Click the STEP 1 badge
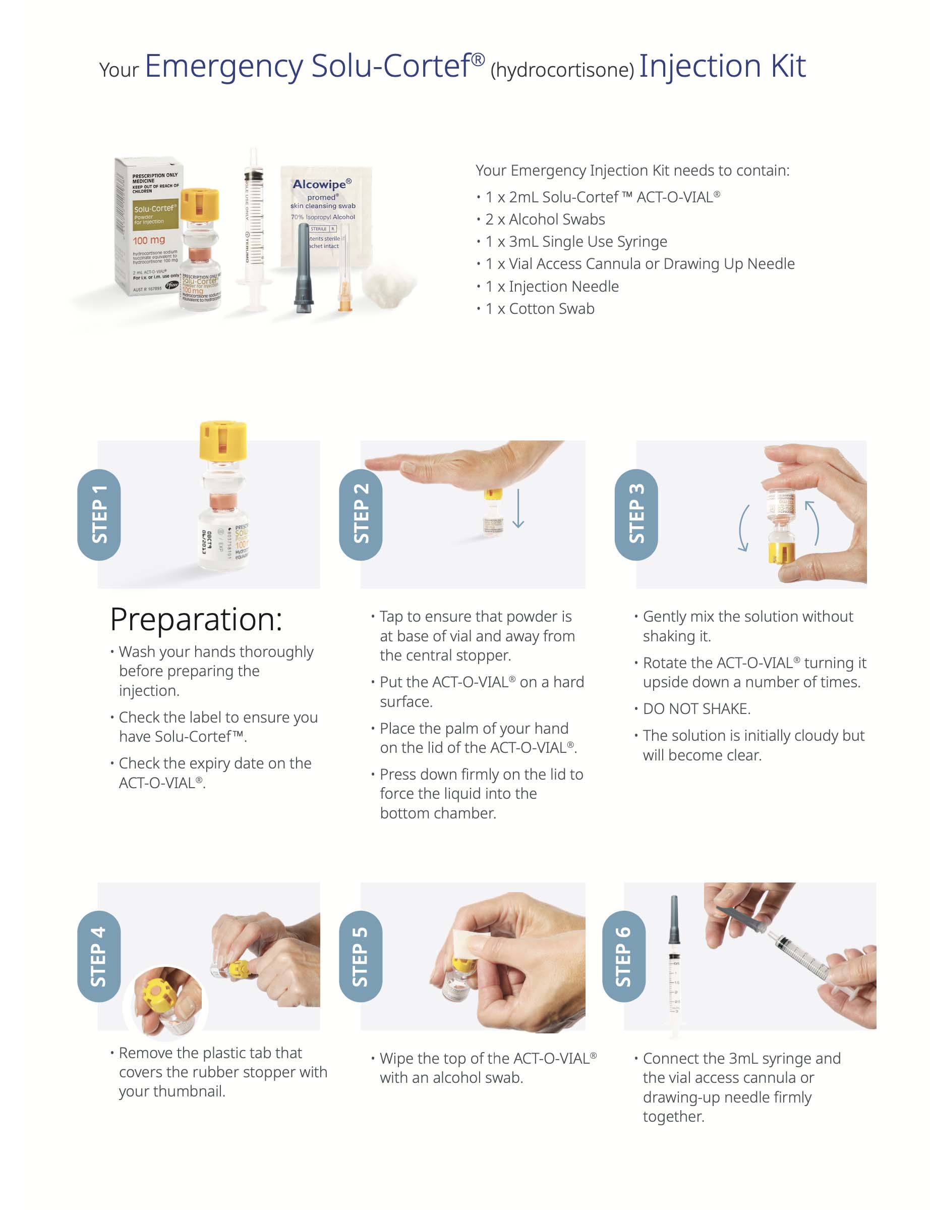coord(99,515)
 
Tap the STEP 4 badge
coord(99,956)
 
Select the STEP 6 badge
coord(623,956)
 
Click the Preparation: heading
coord(196,619)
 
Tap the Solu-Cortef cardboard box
coord(147,227)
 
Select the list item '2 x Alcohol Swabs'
coord(545,219)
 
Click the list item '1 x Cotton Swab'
coord(540,308)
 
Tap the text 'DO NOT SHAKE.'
coord(696,709)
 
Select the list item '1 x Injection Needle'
coord(552,286)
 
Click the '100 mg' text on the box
coord(149,240)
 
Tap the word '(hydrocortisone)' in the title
coord(562,70)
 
